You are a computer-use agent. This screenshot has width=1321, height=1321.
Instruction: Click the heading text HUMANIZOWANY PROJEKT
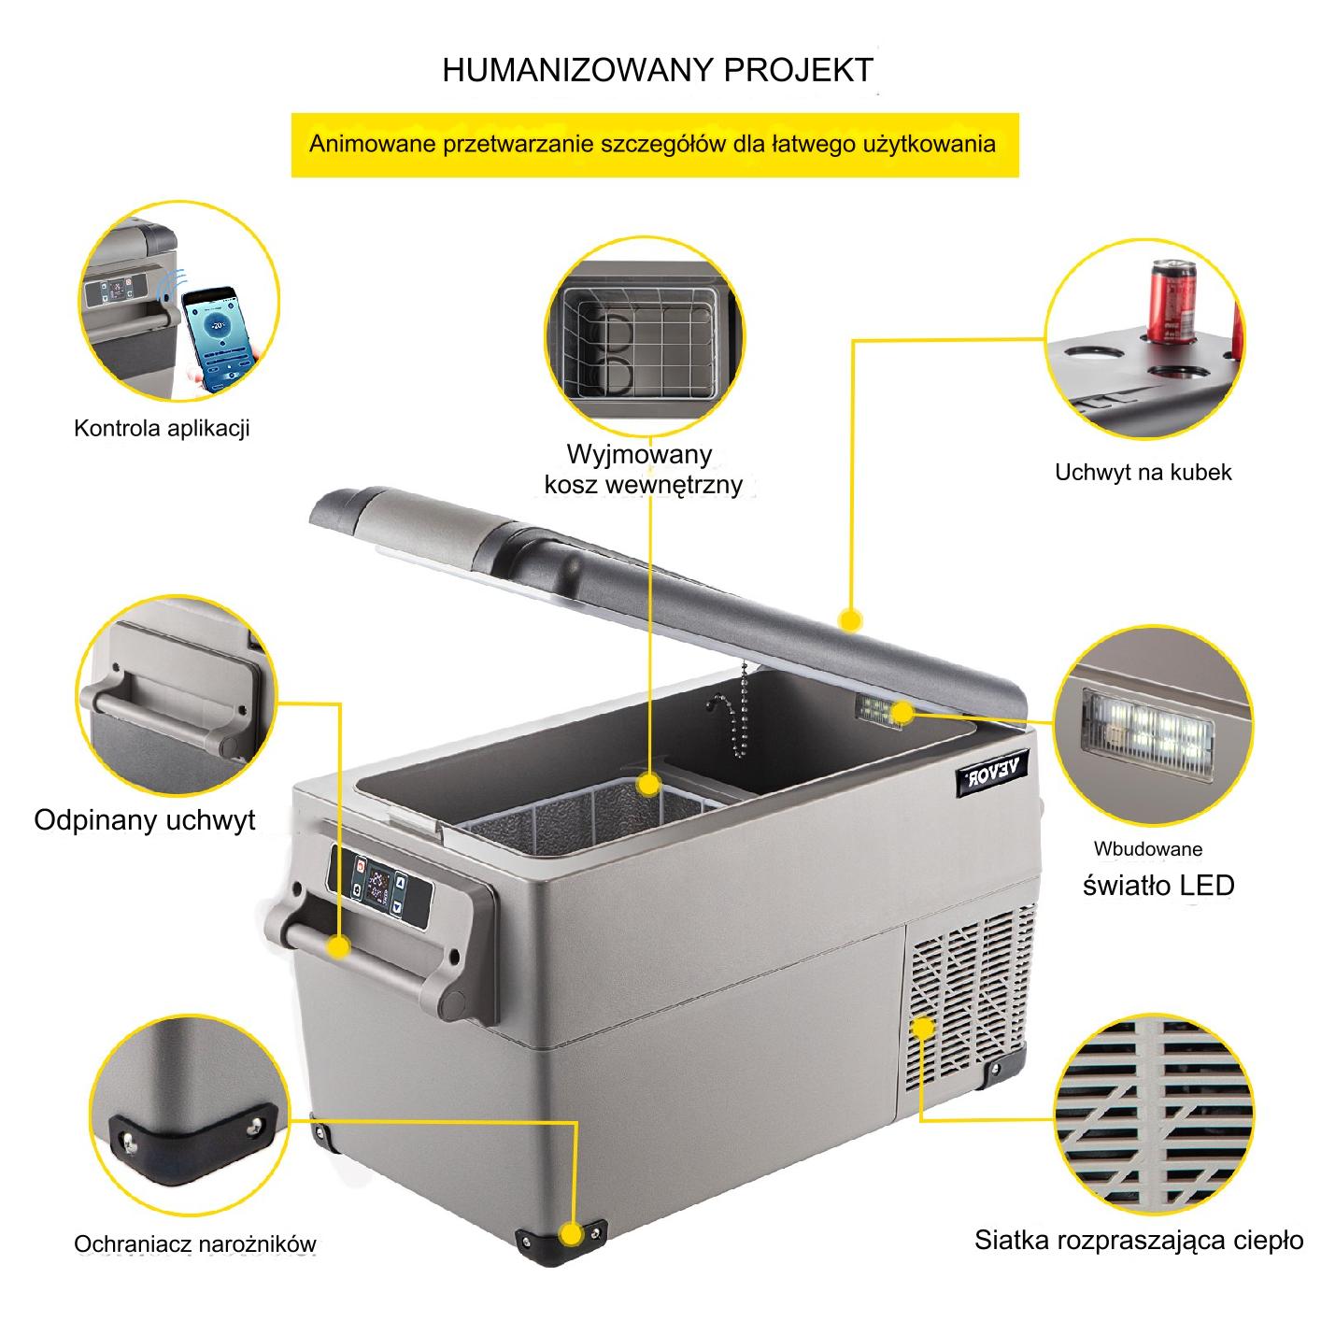tap(658, 70)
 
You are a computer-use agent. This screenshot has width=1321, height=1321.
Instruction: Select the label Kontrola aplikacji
tap(162, 429)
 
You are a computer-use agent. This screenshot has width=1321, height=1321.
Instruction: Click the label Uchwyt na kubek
tap(1143, 473)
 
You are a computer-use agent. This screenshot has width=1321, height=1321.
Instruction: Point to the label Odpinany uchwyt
tap(144, 820)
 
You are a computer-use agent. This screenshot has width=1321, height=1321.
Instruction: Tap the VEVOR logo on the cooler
tap(992, 772)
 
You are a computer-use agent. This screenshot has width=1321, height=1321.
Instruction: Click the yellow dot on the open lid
tap(851, 620)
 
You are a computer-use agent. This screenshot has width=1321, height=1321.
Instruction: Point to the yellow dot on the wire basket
tap(647, 784)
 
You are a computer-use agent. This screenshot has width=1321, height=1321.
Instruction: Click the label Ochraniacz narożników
tap(195, 1244)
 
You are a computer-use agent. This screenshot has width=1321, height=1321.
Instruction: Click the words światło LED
tap(1158, 885)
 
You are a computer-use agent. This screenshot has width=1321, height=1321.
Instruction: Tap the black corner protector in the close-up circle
tap(194, 1142)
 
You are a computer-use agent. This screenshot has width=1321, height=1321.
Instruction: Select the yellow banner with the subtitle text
tap(655, 145)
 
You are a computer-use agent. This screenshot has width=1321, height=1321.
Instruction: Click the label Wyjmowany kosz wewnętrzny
tap(643, 470)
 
